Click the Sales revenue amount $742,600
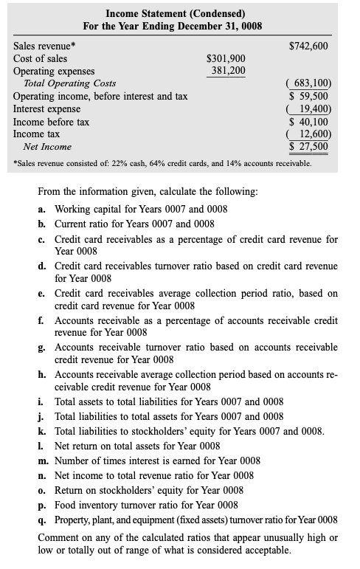[308, 46]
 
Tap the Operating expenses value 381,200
[228, 71]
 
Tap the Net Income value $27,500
[311, 146]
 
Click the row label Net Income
[47, 147]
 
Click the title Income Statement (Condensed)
[176, 13]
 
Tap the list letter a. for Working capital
[43, 209]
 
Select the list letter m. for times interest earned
[44, 461]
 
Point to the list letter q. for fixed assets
[43, 520]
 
